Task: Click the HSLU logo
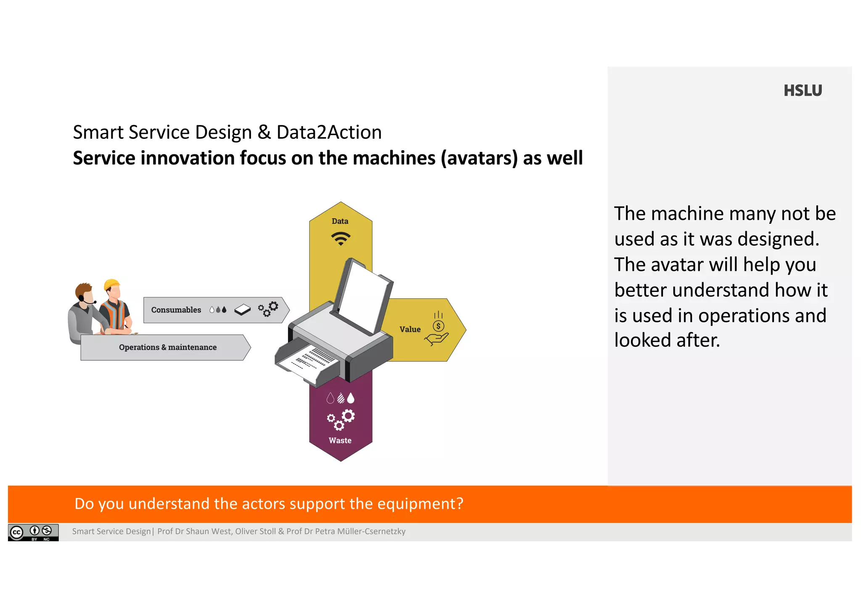(802, 91)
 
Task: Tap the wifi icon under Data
(341, 238)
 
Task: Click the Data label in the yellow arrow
(340, 221)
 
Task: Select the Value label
(410, 329)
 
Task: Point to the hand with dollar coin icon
(437, 330)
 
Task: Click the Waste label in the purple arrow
(340, 440)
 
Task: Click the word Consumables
(176, 310)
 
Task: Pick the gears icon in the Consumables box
(268, 309)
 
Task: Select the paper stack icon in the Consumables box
(242, 310)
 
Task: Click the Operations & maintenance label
(168, 347)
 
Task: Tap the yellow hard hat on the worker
(112, 284)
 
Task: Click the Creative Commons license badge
(33, 532)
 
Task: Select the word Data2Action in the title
(329, 132)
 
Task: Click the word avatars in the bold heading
(479, 159)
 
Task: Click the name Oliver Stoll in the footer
(255, 532)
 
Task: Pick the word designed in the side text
(778, 239)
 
